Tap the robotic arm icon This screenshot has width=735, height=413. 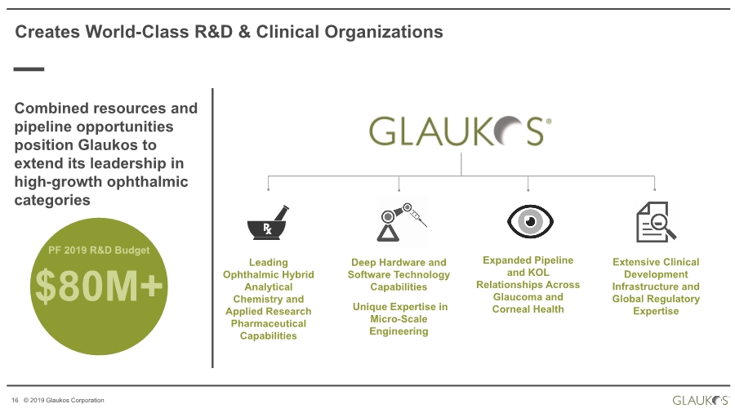click(401, 222)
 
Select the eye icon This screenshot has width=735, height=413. click(530, 221)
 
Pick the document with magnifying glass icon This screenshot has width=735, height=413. click(656, 222)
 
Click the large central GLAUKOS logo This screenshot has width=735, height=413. click(460, 131)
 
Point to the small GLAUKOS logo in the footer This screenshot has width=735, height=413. click(701, 401)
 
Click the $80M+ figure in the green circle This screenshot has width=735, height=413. click(99, 286)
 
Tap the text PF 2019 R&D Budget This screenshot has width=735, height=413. click(99, 250)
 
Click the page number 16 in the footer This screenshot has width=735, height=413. click(15, 401)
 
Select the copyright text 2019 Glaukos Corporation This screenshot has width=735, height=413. click(67, 401)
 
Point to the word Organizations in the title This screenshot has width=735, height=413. click(384, 32)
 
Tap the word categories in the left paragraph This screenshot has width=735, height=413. click(52, 201)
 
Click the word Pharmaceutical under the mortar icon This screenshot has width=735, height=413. click(269, 323)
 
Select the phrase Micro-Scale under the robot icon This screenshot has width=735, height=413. click(399, 319)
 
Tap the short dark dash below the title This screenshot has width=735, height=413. click(29, 69)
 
